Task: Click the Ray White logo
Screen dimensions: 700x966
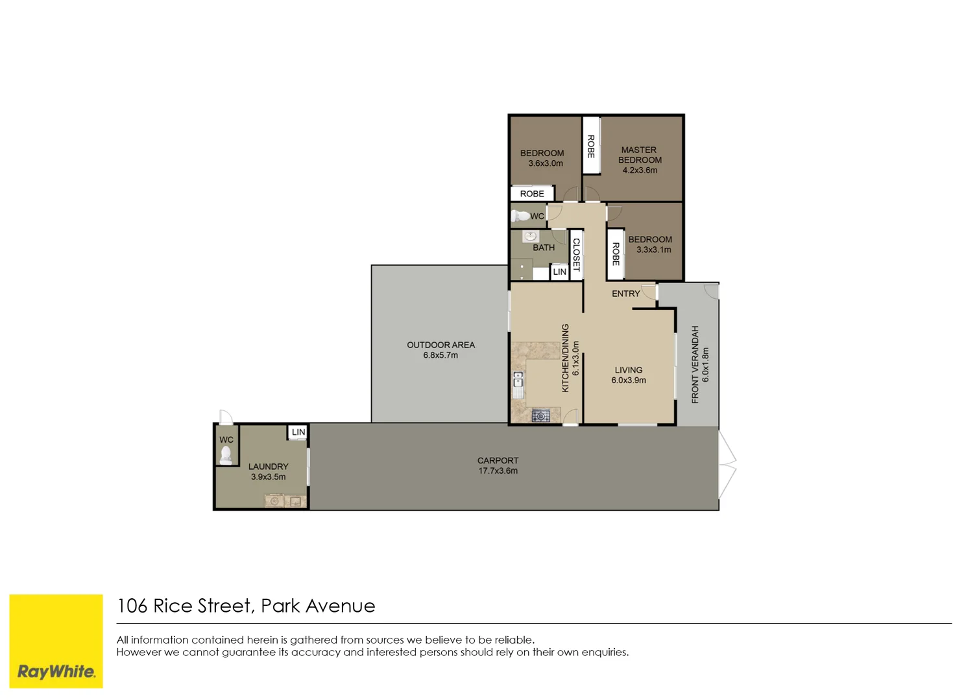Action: [56, 641]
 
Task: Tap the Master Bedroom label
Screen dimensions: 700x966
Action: [640, 155]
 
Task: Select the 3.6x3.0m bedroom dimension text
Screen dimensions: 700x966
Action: [545, 164]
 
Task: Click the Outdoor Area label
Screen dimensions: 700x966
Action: [441, 345]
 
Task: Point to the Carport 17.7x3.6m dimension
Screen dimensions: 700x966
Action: [498, 471]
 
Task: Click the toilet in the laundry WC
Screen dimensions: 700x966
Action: [226, 456]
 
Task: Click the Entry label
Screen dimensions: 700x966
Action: [625, 294]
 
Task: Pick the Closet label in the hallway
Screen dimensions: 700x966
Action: [576, 255]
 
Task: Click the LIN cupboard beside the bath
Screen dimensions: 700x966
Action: [559, 272]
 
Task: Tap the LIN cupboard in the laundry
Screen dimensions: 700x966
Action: [298, 432]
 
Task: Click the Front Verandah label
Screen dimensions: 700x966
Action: [695, 364]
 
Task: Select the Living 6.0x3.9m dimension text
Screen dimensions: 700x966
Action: [628, 380]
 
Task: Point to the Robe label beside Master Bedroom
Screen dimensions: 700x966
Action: [590, 146]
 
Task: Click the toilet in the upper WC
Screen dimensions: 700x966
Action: [520, 216]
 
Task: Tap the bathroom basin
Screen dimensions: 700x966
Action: [530, 236]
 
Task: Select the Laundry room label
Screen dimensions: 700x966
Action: [268, 467]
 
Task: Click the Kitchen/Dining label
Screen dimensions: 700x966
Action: [565, 358]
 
